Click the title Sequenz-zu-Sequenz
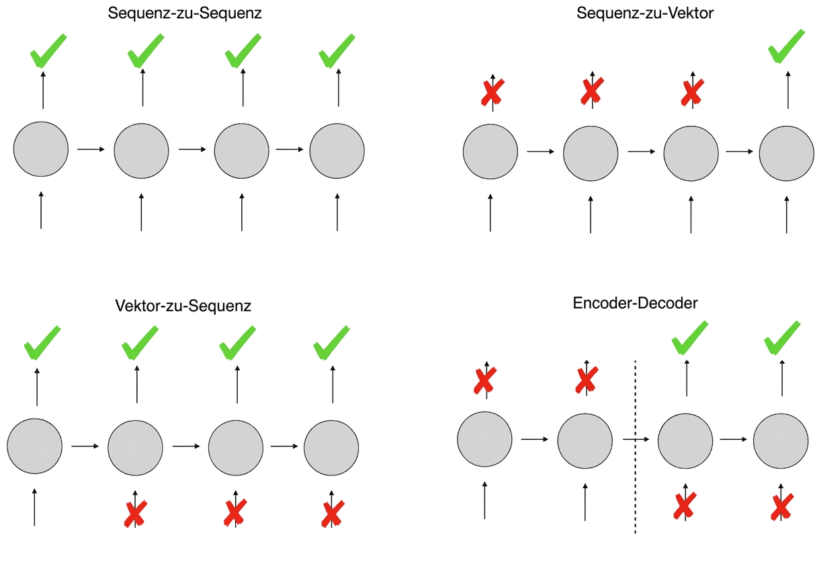[x=185, y=13]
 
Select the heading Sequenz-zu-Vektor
[x=645, y=13]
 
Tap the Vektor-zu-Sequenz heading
[x=183, y=306]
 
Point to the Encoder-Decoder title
[x=635, y=303]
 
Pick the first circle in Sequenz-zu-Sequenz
[x=41, y=149]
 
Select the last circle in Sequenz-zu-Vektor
[x=786, y=153]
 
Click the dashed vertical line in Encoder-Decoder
[x=636, y=447]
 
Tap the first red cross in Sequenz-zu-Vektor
[x=492, y=92]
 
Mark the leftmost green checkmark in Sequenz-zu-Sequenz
[x=48, y=52]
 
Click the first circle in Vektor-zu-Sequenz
[x=35, y=446]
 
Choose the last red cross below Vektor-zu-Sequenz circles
[x=333, y=514]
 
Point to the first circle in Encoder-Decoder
[x=484, y=439]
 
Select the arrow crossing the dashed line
[x=636, y=439]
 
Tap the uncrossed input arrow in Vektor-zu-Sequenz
[x=35, y=507]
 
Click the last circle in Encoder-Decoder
[x=781, y=441]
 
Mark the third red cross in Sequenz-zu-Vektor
[x=692, y=93]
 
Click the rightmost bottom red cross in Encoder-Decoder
[x=781, y=507]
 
